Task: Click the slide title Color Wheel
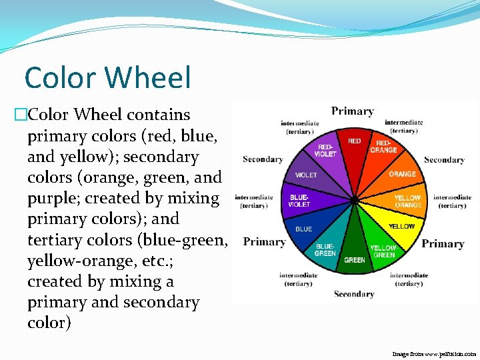pyautogui.click(x=107, y=77)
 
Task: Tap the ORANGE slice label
pyautogui.click(x=402, y=174)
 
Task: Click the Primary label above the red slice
pyautogui.click(x=352, y=111)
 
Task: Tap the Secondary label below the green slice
pyautogui.click(x=354, y=294)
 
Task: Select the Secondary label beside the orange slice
pyautogui.click(x=444, y=160)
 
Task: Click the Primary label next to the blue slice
pyautogui.click(x=264, y=242)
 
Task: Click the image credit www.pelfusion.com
pyautogui.click(x=434, y=354)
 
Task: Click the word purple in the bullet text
pyautogui.click(x=49, y=198)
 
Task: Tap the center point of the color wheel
pyautogui.click(x=355, y=200)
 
